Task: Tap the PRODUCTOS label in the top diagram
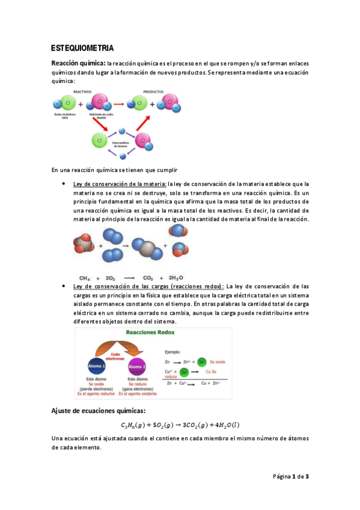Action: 153,92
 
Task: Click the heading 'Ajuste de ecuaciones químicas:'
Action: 98,411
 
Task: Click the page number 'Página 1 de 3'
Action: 291,477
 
